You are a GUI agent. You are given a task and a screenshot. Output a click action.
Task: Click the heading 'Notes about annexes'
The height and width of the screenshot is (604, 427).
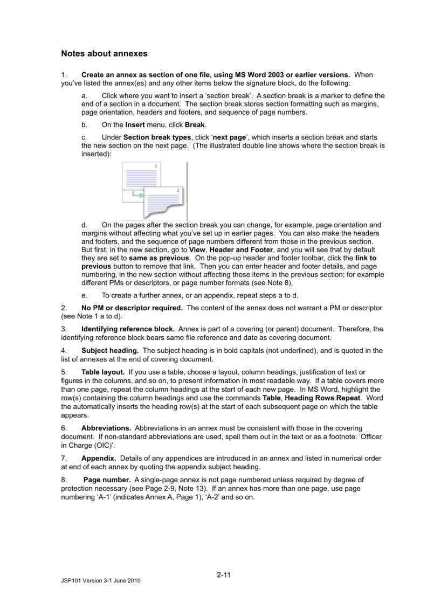tap(104, 54)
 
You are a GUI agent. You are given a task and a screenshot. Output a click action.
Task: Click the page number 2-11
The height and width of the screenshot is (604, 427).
tap(224, 574)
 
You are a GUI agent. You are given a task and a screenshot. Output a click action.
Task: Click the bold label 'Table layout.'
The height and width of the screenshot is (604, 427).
tap(103, 372)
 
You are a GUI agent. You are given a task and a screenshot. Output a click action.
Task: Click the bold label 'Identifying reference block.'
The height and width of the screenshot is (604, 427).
tap(128, 329)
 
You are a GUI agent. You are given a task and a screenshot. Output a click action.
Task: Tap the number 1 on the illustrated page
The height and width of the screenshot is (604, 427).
tap(156, 166)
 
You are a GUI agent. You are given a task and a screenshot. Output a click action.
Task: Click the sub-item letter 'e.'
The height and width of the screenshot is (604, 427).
tap(85, 295)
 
